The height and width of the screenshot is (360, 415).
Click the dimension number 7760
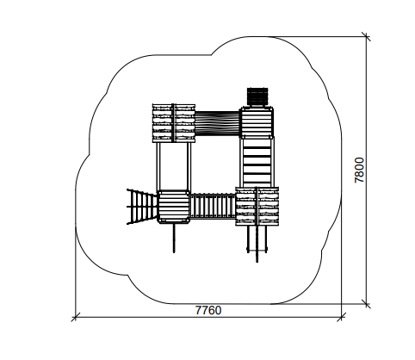coord(208,310)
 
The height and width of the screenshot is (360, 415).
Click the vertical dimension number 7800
coord(359,170)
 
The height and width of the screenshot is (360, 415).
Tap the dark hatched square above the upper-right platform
coord(257,96)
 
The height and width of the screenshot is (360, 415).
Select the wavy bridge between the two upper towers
coord(217,124)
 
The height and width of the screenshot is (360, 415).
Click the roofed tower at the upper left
coord(174,123)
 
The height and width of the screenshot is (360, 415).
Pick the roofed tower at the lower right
coord(257,206)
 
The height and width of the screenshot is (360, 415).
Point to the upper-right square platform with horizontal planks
coord(257,122)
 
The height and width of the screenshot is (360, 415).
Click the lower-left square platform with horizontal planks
coord(173,206)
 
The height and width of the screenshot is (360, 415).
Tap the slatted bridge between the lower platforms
coord(213,206)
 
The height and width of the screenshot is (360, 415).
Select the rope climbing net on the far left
coord(142,206)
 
